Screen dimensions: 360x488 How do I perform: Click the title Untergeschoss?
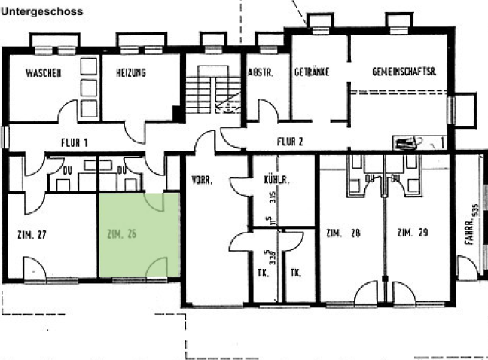pos(42,12)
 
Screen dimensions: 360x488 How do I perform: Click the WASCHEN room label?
pos(43,73)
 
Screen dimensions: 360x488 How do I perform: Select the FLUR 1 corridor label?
pos(75,142)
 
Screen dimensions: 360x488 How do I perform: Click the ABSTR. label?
pos(260,73)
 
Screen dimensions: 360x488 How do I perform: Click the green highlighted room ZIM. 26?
pos(139,235)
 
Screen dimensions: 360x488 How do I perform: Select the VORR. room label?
pos(203,181)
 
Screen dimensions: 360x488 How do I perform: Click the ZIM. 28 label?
pos(343,233)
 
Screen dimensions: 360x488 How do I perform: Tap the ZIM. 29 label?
pos(412,233)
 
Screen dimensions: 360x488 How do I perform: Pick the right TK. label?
pos(297,273)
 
